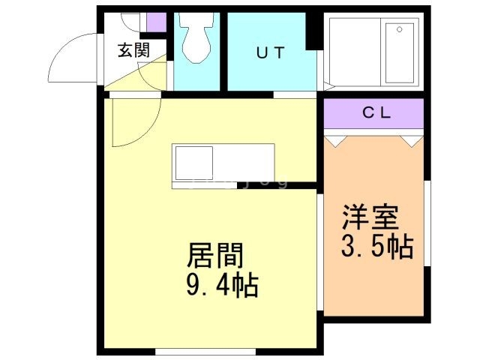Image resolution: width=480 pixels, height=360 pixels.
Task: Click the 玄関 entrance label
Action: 133,51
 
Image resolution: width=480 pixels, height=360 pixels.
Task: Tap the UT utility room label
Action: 271,53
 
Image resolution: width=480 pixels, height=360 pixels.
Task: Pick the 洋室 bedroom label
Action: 371,217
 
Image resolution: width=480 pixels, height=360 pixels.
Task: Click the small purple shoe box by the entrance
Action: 156,22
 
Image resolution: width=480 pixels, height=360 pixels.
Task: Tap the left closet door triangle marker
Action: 335,139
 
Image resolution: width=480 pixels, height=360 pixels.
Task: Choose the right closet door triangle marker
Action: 412,139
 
